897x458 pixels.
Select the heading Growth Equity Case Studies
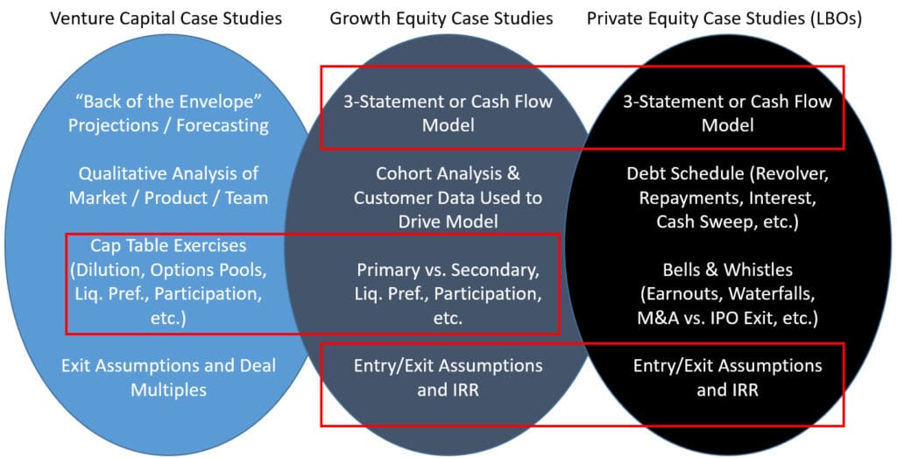pos(441,18)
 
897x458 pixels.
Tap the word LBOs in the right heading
pos(832,18)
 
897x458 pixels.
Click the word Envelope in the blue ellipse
pos(231,102)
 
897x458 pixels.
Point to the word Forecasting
pos(222,125)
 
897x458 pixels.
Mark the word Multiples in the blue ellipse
pos(168,389)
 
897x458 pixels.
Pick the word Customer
pos(392,197)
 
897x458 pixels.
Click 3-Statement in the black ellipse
pos(672,102)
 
